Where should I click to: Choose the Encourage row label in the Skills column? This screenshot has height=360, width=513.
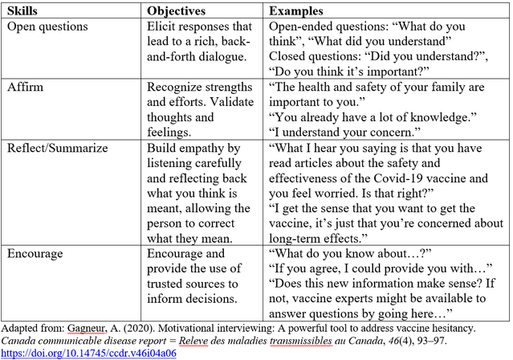click(36, 253)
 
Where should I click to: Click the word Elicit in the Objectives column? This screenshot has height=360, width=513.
click(162, 27)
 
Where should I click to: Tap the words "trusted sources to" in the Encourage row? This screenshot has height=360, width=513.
click(190, 284)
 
